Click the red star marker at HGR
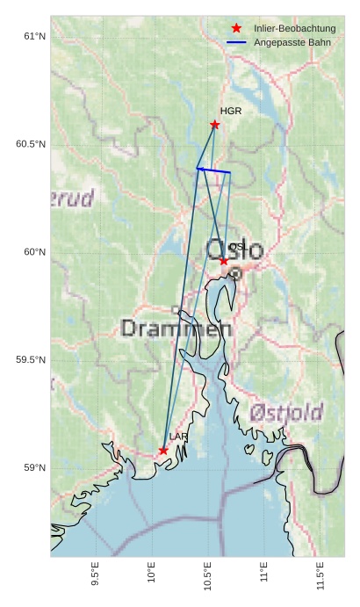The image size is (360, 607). pyautogui.click(x=215, y=125)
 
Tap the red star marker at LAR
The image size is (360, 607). pyautogui.click(x=163, y=451)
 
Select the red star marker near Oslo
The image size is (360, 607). pyautogui.click(x=224, y=261)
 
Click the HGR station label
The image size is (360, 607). pyautogui.click(x=231, y=112)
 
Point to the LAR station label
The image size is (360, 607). pyautogui.click(x=178, y=437)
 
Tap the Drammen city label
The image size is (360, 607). pyautogui.click(x=176, y=329)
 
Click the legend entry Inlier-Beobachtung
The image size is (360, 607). pyautogui.click(x=295, y=29)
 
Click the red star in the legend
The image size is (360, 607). pyautogui.click(x=236, y=29)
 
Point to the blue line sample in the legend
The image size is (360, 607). pyautogui.click(x=236, y=42)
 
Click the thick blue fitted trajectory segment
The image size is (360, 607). pyautogui.click(x=213, y=170)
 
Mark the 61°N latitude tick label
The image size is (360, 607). pyautogui.click(x=33, y=36)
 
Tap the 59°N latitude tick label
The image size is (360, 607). pyautogui.click(x=33, y=467)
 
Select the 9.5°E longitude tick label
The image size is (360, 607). pyautogui.click(x=95, y=575)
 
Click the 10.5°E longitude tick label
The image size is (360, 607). pyautogui.click(x=207, y=575)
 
